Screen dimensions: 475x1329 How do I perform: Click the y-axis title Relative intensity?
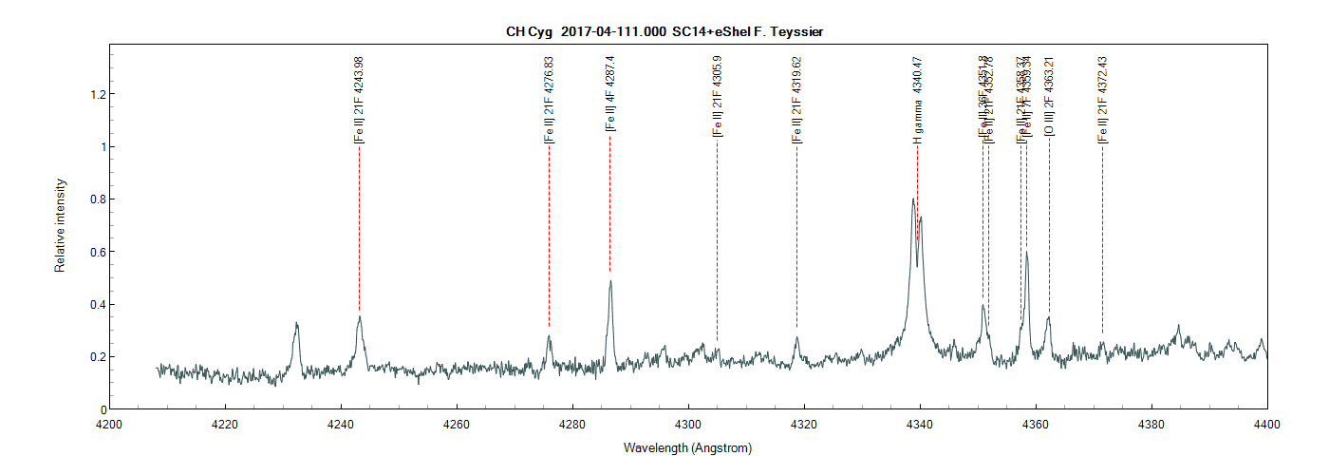coord(60,225)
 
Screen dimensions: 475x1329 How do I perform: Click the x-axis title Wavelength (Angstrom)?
coord(687,447)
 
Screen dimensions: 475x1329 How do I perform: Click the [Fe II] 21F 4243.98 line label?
coord(359,99)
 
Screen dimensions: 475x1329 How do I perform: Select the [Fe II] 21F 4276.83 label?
coord(549,99)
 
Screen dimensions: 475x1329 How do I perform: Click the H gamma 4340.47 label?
coord(917,99)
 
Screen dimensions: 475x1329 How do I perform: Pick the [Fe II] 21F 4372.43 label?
coord(1102,99)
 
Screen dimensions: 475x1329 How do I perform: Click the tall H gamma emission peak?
coord(913,200)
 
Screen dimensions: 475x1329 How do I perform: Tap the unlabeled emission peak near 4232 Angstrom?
coord(297,325)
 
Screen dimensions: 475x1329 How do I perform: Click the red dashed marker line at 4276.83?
coord(549,237)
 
